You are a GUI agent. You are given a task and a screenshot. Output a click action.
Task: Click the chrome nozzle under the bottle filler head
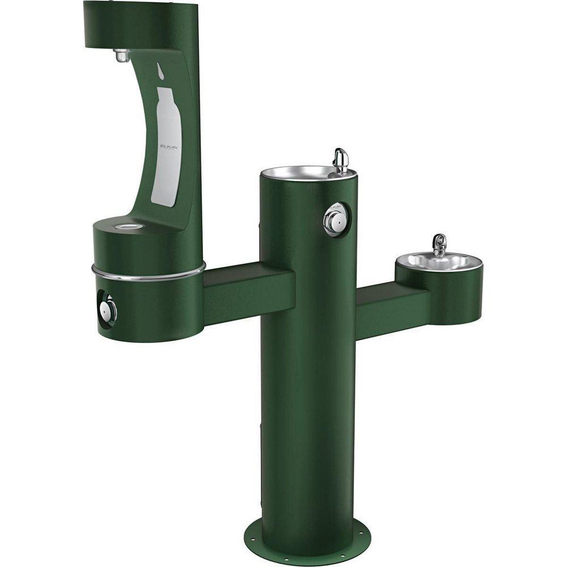121,55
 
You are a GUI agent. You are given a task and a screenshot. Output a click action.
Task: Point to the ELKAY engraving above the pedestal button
336,206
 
